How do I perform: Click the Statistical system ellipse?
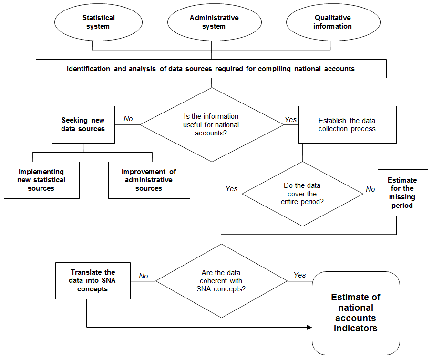click(98, 22)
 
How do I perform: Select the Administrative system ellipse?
click(215, 22)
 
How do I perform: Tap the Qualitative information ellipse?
click(333, 22)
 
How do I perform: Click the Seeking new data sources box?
click(83, 124)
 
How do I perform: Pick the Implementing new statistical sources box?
click(41, 180)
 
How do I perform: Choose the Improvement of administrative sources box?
click(149, 180)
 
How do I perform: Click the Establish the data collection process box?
click(348, 124)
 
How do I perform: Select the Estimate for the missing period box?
click(403, 193)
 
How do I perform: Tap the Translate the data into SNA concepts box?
click(93, 281)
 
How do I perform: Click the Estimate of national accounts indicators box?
click(356, 313)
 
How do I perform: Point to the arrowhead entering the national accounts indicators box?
click(309, 327)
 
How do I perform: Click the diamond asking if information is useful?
click(212, 124)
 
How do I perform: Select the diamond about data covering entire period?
click(302, 194)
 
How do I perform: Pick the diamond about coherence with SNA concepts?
click(221, 281)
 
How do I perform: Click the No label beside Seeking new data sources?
click(128, 119)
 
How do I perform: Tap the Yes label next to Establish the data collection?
click(291, 120)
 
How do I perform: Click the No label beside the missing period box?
click(370, 189)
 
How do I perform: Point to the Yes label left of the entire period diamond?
click(231, 189)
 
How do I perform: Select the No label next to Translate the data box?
click(143, 276)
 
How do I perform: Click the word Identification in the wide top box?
click(88, 69)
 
